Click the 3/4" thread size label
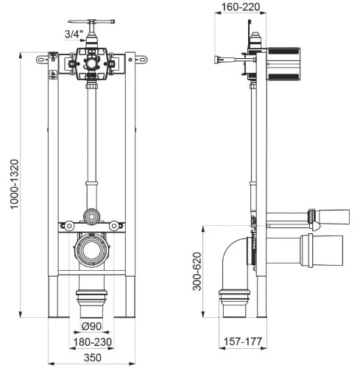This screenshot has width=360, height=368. [x=74, y=34]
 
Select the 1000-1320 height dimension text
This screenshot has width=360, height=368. [x=14, y=184]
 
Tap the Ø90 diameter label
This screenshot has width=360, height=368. [x=91, y=326]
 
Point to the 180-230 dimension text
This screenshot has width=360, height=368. [x=92, y=342]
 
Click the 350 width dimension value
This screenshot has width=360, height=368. [x=93, y=358]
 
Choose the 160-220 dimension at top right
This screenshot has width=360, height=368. [x=241, y=7]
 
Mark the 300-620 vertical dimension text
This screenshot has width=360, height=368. [x=197, y=272]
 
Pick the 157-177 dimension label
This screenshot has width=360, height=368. [x=243, y=342]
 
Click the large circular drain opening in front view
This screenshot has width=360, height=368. [x=91, y=250]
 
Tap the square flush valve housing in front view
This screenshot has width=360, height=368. [x=91, y=64]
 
